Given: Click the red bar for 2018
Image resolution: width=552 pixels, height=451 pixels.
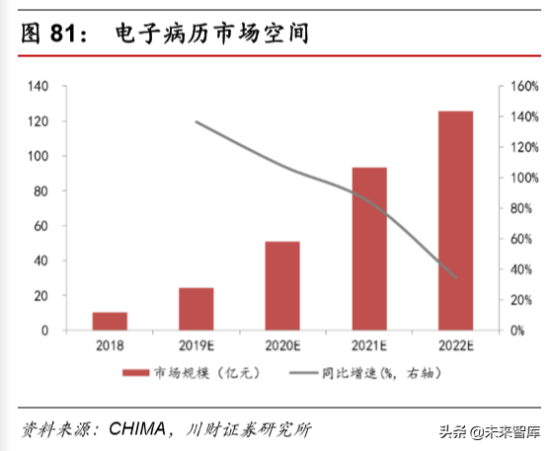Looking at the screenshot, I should click(110, 321).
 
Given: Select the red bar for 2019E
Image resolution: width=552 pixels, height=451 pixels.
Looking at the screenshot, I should click(197, 309).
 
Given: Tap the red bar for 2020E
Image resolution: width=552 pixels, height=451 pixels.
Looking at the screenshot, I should click(283, 285).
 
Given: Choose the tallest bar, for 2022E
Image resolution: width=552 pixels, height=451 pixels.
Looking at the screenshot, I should click(456, 221).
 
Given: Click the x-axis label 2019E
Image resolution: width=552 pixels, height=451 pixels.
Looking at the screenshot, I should click(197, 344).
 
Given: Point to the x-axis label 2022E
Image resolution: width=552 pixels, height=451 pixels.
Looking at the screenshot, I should click(456, 344).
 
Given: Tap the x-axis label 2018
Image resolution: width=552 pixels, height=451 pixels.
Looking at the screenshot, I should click(110, 344).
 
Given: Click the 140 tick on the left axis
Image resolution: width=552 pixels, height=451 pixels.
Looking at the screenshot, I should click(39, 87).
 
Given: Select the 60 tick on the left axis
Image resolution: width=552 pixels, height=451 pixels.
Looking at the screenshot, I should click(41, 226).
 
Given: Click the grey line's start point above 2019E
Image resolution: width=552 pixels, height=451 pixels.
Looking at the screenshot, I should click(196, 121).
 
